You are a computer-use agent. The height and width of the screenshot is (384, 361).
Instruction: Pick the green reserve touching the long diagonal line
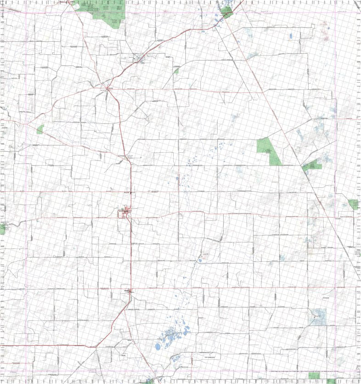point(311,165)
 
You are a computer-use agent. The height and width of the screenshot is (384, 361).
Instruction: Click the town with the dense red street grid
point(125,212)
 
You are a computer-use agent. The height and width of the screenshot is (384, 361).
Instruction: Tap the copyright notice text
point(312,370)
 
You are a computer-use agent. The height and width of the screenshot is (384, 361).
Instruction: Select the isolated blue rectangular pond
point(290,35)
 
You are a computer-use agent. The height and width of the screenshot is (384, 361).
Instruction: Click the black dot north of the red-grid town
point(131,192)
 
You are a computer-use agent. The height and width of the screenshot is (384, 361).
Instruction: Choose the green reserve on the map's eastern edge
point(354,204)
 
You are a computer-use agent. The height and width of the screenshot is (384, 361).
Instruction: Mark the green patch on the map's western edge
point(2,228)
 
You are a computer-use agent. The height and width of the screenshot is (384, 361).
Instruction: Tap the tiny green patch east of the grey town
point(176,71)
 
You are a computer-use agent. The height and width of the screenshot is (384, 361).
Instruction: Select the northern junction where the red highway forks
point(108,88)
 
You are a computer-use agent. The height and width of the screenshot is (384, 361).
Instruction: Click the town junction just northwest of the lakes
point(130,292)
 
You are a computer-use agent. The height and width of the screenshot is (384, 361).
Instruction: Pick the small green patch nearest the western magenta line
point(40,129)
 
